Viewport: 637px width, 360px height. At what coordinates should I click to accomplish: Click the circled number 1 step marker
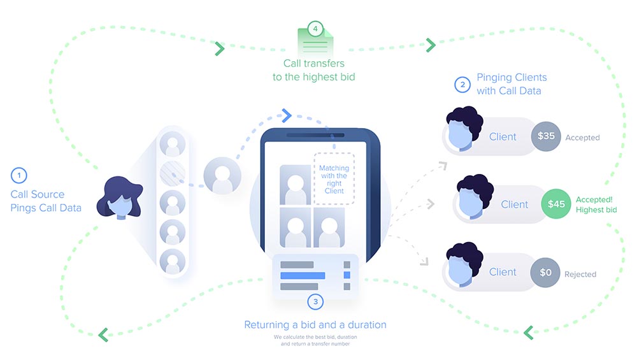click(19, 175)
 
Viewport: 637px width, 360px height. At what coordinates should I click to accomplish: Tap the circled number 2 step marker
click(462, 84)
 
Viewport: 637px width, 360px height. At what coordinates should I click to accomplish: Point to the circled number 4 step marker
click(314, 29)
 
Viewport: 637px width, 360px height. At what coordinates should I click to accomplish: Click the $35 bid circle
click(546, 136)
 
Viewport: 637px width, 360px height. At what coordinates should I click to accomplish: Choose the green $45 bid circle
click(556, 204)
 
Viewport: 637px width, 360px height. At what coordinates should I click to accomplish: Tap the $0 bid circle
click(545, 272)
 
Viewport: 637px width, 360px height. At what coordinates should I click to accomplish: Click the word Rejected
click(580, 275)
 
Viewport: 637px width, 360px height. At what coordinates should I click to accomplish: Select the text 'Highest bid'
click(596, 210)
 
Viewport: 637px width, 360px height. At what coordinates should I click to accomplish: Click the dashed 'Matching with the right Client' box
click(334, 179)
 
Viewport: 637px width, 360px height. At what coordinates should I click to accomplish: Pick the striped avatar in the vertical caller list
click(172, 173)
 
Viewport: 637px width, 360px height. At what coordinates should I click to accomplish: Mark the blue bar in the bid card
click(303, 276)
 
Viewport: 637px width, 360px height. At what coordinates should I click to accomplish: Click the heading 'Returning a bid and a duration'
click(315, 325)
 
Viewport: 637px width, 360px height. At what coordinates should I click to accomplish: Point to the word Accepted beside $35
click(582, 137)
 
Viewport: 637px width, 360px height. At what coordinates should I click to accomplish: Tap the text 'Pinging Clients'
click(512, 78)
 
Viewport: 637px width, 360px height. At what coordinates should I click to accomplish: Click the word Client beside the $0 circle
click(503, 272)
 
